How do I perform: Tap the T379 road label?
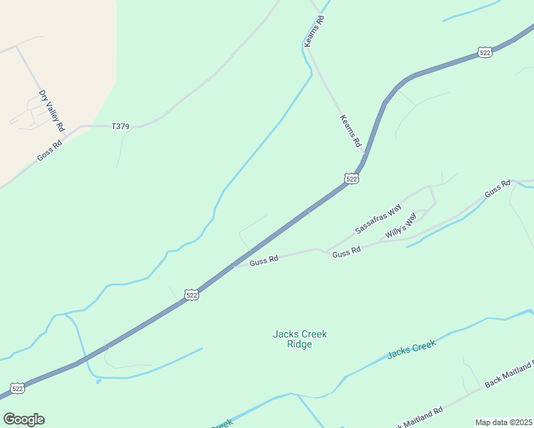coord(121,126)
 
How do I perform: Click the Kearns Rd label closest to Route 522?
coord(351,131)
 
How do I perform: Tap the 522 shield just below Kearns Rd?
coord(351,178)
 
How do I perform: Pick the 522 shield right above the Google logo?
coord(18,388)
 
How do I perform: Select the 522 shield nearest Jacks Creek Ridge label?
coord(191,294)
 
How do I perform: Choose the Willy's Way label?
coord(400,226)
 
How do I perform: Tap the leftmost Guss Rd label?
coord(264,261)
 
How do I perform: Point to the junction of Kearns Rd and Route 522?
coord(364,153)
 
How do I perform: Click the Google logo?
coord(24,419)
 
